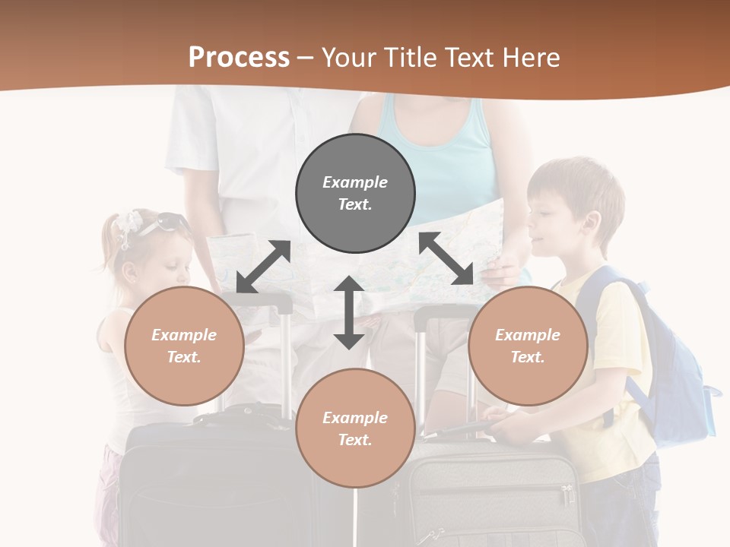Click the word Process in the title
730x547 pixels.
[239, 58]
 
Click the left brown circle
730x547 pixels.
[184, 346]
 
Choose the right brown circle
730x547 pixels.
[528, 346]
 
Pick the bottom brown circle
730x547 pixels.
[355, 428]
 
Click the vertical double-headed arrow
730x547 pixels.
[349, 312]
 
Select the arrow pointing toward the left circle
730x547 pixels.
[263, 267]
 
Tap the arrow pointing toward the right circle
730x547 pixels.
[446, 259]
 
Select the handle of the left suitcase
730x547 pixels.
[259, 304]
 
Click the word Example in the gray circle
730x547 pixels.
[355, 182]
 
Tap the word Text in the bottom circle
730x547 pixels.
[355, 440]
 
